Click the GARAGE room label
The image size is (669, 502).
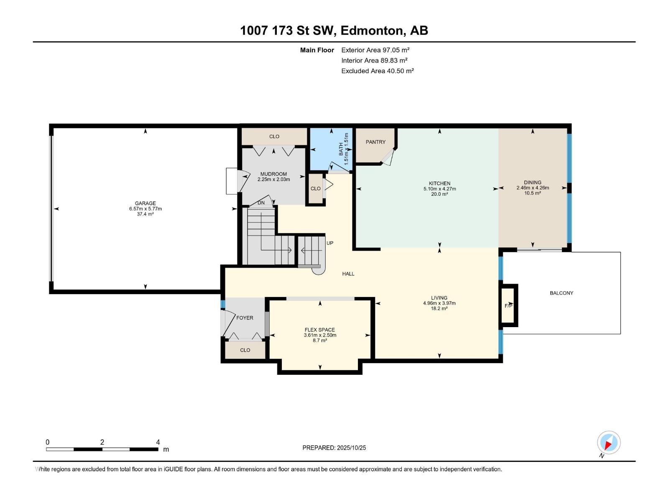(145, 203)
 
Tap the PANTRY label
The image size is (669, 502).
(375, 142)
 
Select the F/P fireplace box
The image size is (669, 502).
(508, 305)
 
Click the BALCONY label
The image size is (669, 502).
(561, 293)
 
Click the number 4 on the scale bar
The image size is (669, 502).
(158, 442)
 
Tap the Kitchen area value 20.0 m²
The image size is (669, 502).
(439, 194)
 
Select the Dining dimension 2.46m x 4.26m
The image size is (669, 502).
(532, 188)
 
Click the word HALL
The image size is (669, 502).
(348, 274)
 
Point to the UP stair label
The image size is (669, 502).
(330, 243)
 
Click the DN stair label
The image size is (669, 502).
(261, 203)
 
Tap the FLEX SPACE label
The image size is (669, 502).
(320, 330)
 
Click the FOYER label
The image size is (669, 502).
(245, 318)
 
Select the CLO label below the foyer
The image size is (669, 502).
(245, 350)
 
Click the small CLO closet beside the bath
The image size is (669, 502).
(316, 189)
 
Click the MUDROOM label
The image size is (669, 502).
(273, 174)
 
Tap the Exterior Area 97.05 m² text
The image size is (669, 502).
(375, 50)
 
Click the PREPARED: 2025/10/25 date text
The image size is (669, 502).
(334, 448)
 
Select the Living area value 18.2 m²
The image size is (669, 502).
(439, 308)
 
